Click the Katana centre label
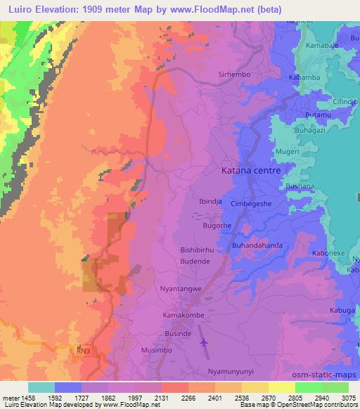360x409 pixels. click(x=250, y=171)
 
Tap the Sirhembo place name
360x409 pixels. click(x=234, y=74)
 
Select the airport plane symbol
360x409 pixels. click(x=205, y=342)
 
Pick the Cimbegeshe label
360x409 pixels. click(x=262, y=202)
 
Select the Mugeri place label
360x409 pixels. click(x=288, y=151)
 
